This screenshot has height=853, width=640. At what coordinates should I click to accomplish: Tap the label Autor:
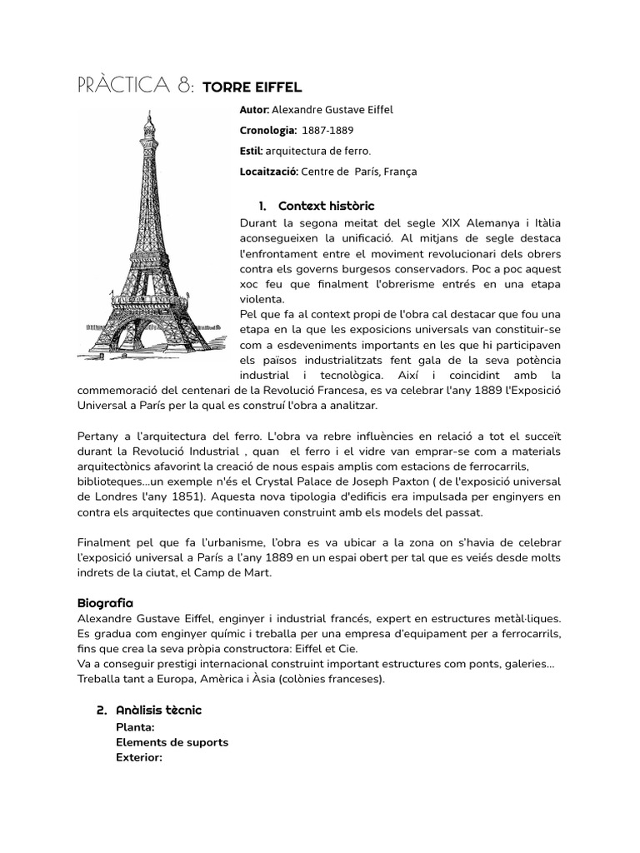(x=254, y=110)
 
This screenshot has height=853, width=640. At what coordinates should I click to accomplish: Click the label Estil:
(x=251, y=151)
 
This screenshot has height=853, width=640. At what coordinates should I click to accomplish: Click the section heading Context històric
(x=326, y=206)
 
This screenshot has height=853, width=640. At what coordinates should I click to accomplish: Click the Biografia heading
(x=105, y=602)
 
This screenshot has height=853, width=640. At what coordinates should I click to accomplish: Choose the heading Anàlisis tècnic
(x=160, y=710)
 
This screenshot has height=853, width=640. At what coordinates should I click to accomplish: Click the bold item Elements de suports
(x=172, y=742)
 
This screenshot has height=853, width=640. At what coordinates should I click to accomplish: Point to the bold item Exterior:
(x=139, y=757)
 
